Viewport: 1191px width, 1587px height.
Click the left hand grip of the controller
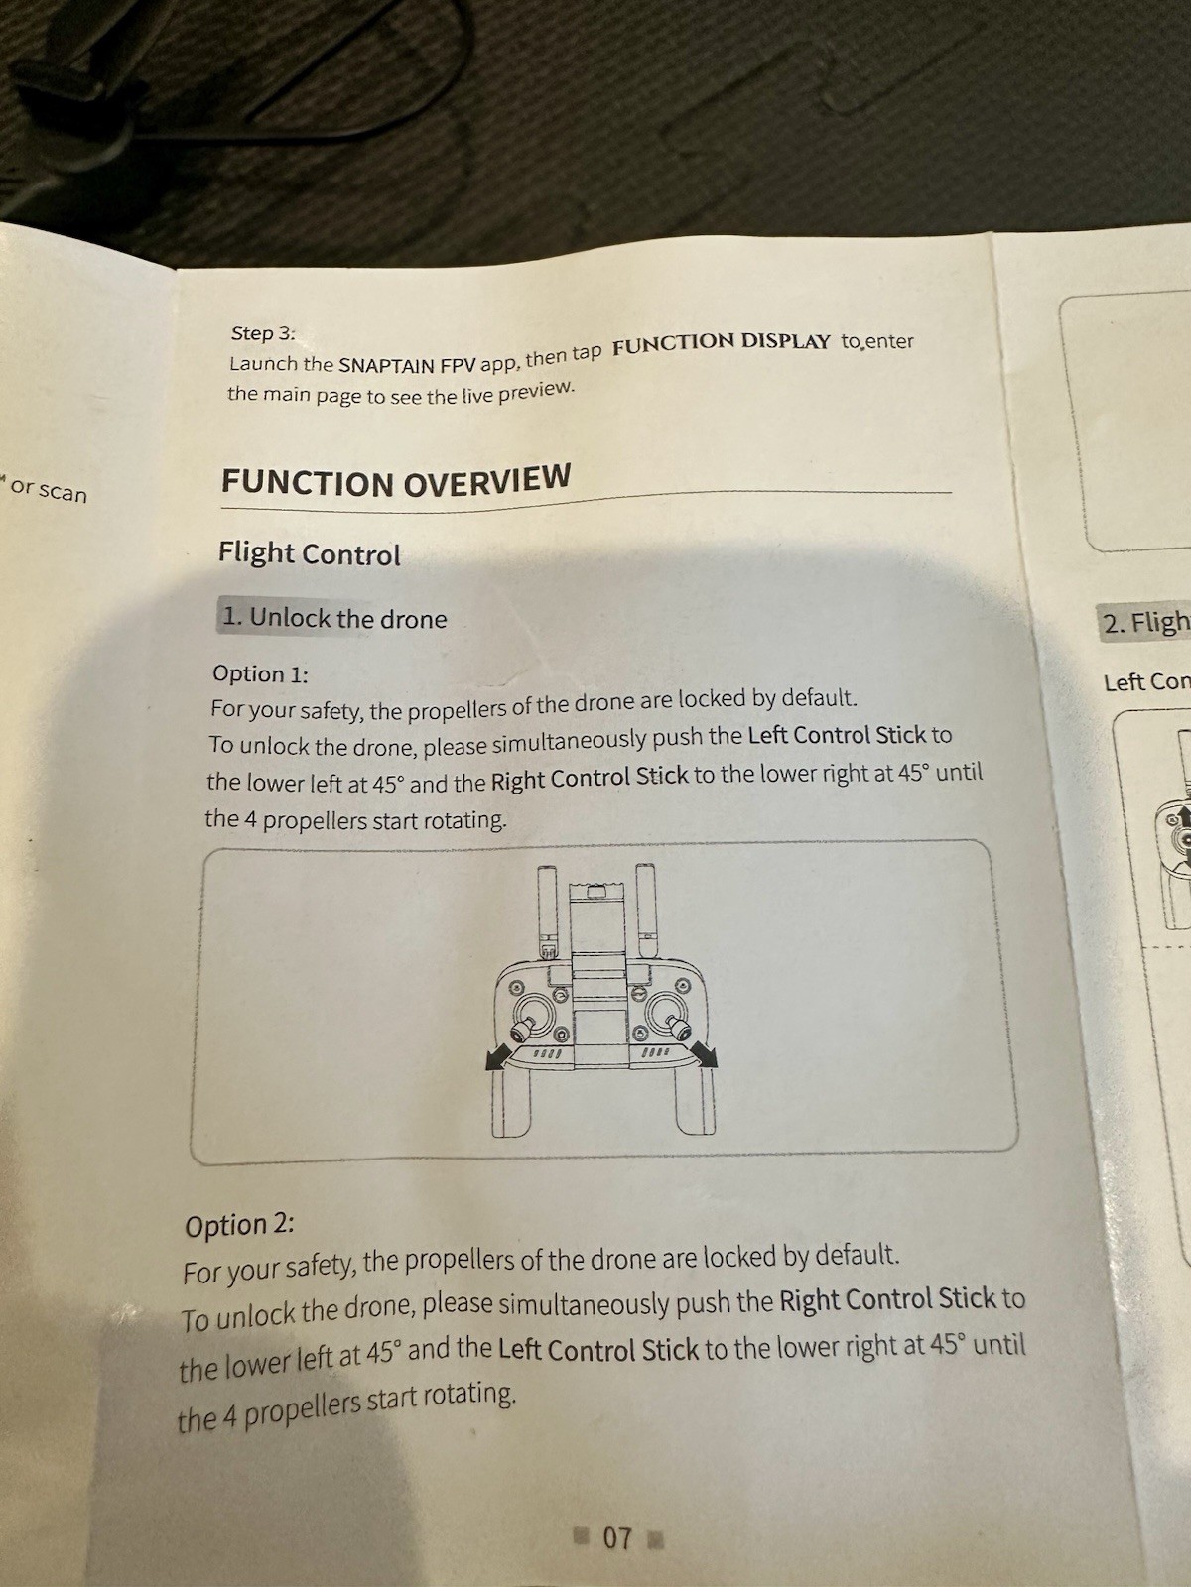[511, 1105]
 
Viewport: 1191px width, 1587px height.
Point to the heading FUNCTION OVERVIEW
[396, 480]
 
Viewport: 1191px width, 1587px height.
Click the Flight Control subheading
[310, 554]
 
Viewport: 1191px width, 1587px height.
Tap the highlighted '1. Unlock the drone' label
[334, 618]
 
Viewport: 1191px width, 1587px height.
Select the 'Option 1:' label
[260, 673]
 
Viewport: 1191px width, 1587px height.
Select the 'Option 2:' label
[239, 1226]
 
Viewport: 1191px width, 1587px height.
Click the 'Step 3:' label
[263, 333]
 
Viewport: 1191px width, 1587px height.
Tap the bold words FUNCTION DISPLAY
[721, 343]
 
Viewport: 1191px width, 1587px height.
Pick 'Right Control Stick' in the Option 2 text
[888, 1299]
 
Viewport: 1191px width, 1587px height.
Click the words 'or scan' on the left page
[49, 491]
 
